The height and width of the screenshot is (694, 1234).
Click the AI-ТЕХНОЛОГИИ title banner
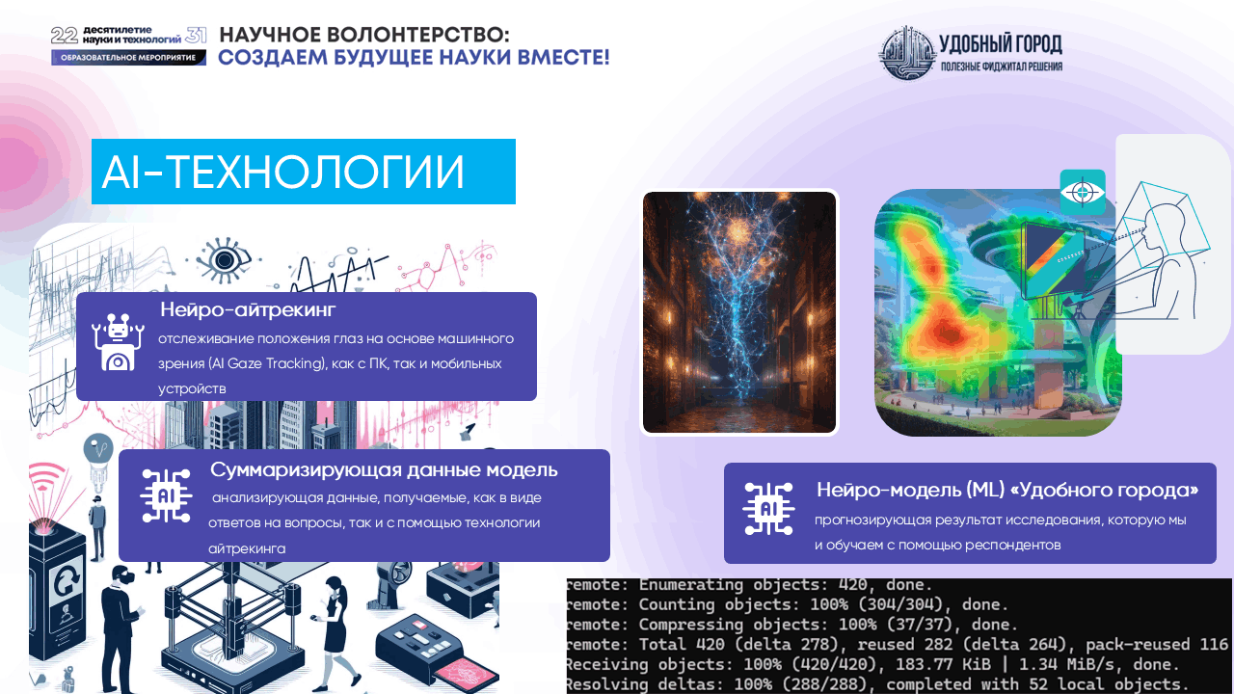pos(303,172)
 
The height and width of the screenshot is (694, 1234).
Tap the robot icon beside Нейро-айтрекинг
pos(118,342)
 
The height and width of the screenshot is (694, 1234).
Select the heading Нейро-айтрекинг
pos(248,309)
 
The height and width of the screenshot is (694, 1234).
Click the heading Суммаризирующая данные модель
pos(384,469)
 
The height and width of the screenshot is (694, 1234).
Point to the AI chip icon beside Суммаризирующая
pos(166,495)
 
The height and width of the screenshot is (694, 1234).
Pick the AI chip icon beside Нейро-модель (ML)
pos(768,509)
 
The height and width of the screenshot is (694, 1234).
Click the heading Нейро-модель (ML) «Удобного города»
pos(1007,490)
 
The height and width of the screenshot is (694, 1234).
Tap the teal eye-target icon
pos(1082,192)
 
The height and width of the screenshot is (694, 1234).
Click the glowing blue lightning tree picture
pos(739,311)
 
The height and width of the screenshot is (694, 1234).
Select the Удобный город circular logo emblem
pos(906,53)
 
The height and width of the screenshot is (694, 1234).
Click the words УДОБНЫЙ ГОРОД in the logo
pos(1001,43)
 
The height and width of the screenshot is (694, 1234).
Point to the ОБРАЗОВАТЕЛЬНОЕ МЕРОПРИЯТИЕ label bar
pos(129,58)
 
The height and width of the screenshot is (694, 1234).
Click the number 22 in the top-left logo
pos(64,36)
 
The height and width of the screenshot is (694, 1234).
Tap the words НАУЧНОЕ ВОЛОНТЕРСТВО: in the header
pos(364,35)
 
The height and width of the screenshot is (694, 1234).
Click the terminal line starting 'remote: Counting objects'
pos(787,605)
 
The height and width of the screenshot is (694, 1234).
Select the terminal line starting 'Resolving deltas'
pos(875,684)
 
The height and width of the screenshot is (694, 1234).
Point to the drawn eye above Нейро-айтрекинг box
pos(226,259)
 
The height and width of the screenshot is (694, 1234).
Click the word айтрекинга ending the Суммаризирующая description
pos(247,548)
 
